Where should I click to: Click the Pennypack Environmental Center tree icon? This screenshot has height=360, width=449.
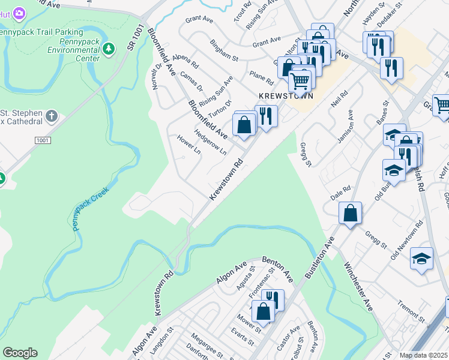pyautogui.click(x=109, y=49)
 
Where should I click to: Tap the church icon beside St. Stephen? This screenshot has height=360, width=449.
pyautogui.click(x=52, y=115)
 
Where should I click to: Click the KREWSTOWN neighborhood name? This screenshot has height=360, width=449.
pyautogui.click(x=286, y=96)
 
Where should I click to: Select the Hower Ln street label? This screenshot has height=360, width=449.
pyautogui.click(x=188, y=145)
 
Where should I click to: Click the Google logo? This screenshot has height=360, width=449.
pyautogui.click(x=20, y=353)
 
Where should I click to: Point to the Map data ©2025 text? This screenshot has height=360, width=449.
pyautogui.click(x=424, y=355)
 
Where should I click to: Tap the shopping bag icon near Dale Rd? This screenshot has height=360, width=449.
pyautogui.click(x=351, y=213)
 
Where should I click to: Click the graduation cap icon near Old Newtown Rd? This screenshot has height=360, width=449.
pyautogui.click(x=421, y=259)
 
